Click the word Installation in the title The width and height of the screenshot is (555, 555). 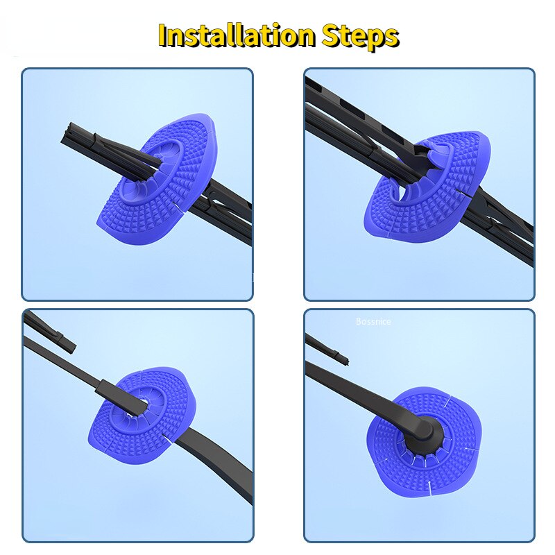pos(237,35)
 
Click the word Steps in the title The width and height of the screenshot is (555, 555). pos(360,37)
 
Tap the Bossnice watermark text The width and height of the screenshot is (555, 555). pos(373,321)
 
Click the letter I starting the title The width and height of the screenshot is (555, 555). pos(163,36)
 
